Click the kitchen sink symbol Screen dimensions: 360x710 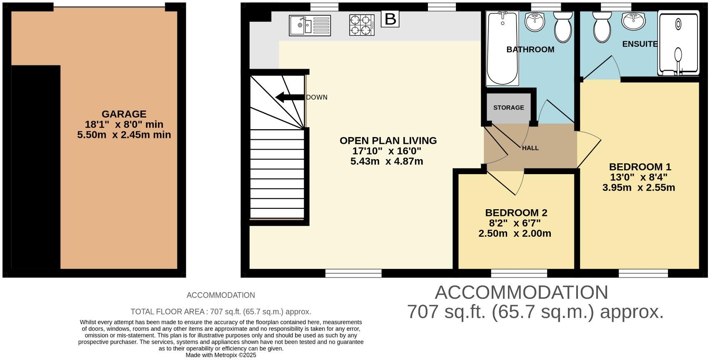310,25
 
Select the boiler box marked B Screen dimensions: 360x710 390,19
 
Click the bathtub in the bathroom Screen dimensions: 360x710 503,48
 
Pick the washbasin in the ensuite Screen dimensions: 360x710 633,21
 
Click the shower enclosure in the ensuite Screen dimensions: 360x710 678,43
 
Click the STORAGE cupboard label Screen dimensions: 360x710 508,107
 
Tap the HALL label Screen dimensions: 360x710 530,148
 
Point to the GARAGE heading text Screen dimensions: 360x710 124,114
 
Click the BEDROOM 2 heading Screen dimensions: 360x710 516,212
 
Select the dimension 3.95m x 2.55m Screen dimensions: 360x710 638,187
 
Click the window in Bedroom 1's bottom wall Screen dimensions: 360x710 643,273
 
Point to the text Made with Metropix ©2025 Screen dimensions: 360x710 221,355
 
